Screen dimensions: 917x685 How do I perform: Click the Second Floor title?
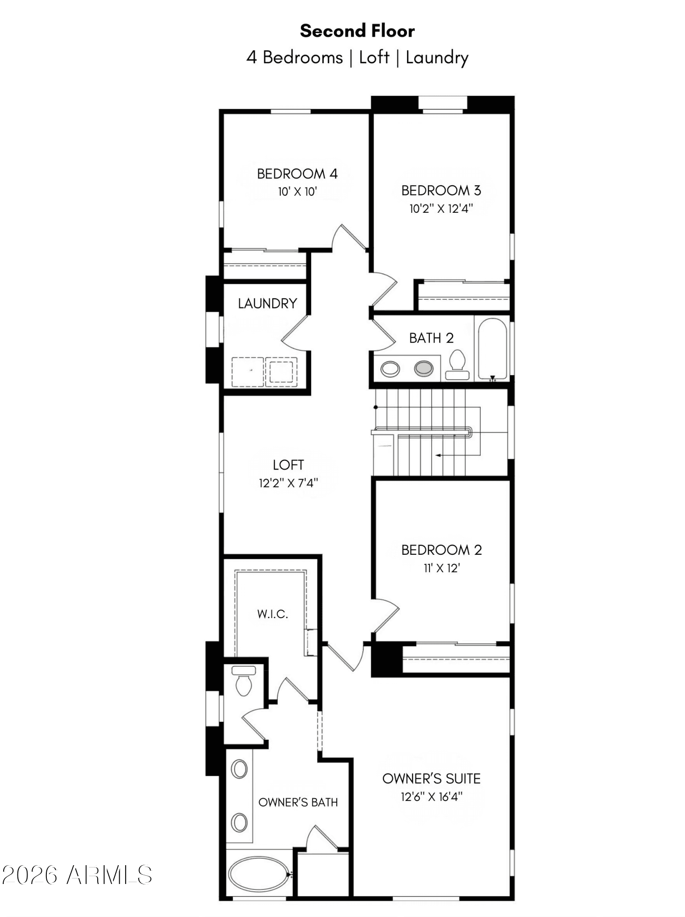[357, 31]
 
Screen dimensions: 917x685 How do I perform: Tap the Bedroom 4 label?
[297, 174]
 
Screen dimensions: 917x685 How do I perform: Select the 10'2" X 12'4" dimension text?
[441, 209]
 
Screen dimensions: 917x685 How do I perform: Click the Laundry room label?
[267, 304]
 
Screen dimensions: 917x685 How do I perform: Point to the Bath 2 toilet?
[457, 365]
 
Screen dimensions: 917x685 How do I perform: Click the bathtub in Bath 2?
[492, 348]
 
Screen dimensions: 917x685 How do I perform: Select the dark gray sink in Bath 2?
[423, 368]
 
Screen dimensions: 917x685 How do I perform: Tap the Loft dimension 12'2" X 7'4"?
[288, 483]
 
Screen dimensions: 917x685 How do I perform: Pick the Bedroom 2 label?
[441, 550]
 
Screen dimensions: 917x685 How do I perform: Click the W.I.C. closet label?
[273, 614]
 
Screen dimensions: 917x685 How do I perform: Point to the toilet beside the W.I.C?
[244, 681]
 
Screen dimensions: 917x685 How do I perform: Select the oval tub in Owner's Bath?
[259, 874]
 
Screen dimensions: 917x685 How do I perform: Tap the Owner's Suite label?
[431, 779]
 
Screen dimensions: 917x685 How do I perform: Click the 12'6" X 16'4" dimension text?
[431, 797]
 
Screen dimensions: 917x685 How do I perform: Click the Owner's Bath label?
[298, 802]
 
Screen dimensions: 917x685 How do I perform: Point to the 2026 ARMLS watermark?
[77, 875]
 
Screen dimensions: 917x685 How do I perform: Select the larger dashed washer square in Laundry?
[248, 372]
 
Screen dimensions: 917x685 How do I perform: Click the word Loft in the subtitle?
[374, 58]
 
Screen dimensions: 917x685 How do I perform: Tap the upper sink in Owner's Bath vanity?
[239, 769]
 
